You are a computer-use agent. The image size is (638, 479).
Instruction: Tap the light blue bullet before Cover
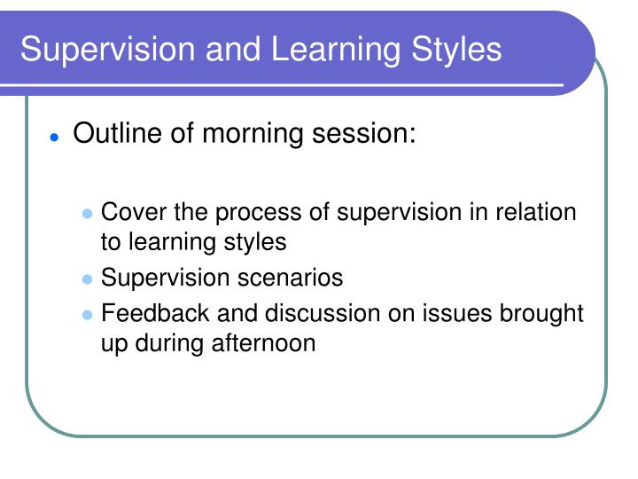tap(87, 215)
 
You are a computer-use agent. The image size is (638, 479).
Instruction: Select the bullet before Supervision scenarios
tap(87, 279)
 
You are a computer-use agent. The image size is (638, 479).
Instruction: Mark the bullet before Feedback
tap(87, 316)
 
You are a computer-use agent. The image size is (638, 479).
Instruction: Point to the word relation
tap(537, 213)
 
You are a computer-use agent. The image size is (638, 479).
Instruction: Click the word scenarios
tap(289, 278)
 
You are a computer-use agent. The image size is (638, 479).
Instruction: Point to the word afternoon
tap(262, 343)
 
